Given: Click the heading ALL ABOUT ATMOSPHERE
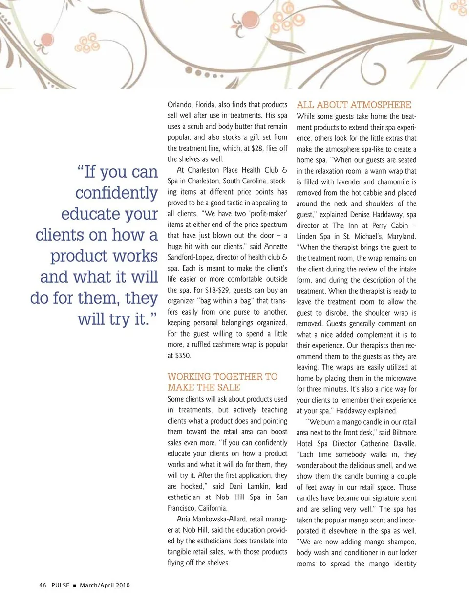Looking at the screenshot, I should tap(354, 105).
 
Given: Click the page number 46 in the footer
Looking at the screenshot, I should tap(43, 585).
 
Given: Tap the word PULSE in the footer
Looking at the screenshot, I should tap(61, 585).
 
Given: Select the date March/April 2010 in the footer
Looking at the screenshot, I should tap(105, 585).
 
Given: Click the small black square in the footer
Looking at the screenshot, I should tap(74, 586).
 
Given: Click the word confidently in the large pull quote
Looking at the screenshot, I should tap(116, 193).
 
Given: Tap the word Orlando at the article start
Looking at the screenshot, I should tap(179, 105).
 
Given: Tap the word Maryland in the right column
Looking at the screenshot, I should tap(401, 236).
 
